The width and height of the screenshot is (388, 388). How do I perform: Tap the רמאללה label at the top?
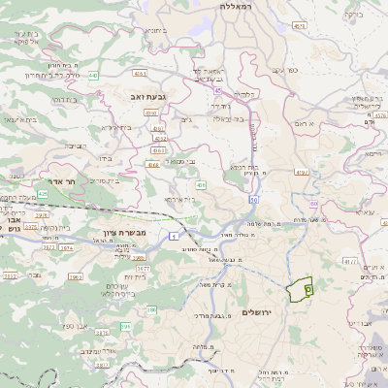pos(236,7)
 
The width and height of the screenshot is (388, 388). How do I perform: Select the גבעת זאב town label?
pos(152,95)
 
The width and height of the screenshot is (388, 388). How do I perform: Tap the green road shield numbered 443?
pos(94,75)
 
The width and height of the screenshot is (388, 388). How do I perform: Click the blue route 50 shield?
pos(251,199)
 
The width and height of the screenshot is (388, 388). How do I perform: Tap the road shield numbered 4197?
pos(302,173)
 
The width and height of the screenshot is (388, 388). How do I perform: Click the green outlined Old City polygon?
pos(302,288)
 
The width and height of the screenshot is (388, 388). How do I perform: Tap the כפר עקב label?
pos(292,71)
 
